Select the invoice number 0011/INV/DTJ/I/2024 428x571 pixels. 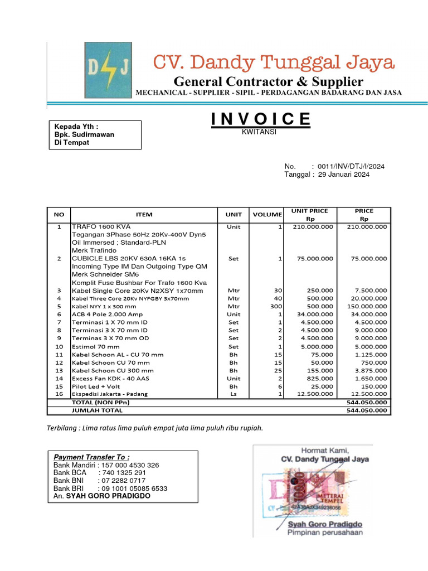pos(351,167)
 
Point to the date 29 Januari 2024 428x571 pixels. pos(344,175)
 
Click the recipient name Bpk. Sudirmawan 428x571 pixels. pos(84,134)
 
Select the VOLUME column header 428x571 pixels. pos(267,215)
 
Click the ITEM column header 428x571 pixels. pos(144,215)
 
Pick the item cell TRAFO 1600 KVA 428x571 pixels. pos(101,227)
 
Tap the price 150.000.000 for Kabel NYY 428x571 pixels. pos(366,307)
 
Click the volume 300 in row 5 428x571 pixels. pos(276,307)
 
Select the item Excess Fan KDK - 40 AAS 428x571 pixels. pos(110,379)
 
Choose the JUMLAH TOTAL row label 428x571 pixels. pos(97,410)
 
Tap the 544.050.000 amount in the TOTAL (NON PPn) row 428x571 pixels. pos(366,402)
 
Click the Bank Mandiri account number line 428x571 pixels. pos(106,465)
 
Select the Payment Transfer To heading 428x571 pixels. pos(91,457)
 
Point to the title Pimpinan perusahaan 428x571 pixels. pos(325,533)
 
